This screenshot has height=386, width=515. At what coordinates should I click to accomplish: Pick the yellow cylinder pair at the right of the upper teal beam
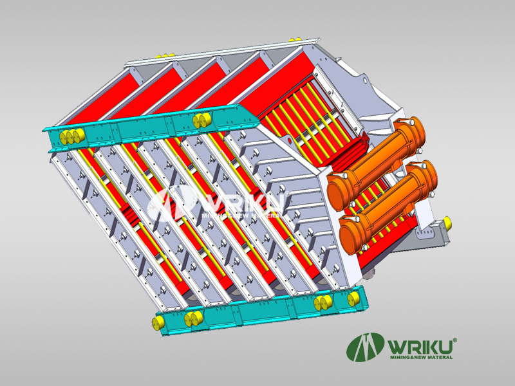(202, 120)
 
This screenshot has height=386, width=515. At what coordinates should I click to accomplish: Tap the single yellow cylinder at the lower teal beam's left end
(158, 322)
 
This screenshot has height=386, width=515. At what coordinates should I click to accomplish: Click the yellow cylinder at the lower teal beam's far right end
(353, 299)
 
